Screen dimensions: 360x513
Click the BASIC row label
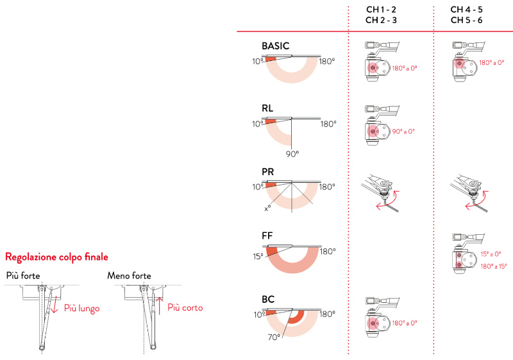pyautogui.click(x=276, y=46)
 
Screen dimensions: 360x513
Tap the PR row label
pyautogui.click(x=268, y=173)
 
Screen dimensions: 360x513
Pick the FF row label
pyautogui.click(x=267, y=236)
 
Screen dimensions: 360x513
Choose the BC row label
pyautogui.click(x=268, y=300)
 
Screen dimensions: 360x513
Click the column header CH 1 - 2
pyautogui.click(x=381, y=10)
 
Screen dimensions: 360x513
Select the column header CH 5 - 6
pyautogui.click(x=466, y=20)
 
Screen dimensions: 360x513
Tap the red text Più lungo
pyautogui.click(x=81, y=308)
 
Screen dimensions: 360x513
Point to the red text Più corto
pyautogui.click(x=185, y=308)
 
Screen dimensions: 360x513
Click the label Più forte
pyautogui.click(x=23, y=276)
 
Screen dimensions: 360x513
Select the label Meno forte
pyautogui.click(x=129, y=276)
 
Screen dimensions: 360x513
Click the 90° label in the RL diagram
pyautogui.click(x=292, y=154)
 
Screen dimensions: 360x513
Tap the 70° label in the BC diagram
pyautogui.click(x=274, y=336)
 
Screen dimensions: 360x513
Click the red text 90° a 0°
pyautogui.click(x=403, y=131)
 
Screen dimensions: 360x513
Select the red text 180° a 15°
pyautogui.click(x=493, y=266)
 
